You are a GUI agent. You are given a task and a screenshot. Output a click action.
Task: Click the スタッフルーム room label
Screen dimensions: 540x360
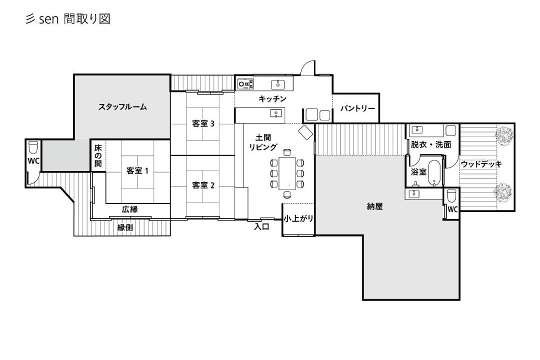122,107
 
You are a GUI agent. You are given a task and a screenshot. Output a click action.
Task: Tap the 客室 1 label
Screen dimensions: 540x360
137,170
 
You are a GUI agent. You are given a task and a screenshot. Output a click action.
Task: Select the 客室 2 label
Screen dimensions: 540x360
203,185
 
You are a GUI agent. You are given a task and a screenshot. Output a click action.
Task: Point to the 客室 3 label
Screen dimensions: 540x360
203,123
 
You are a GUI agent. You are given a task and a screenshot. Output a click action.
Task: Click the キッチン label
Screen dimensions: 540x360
272,99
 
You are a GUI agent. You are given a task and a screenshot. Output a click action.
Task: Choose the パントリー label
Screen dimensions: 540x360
357,108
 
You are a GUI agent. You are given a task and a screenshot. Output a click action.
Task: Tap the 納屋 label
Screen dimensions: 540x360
374,206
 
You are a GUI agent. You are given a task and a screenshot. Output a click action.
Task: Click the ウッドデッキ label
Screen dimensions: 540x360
481,164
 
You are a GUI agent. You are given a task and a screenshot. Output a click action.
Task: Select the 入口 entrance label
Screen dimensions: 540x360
261,226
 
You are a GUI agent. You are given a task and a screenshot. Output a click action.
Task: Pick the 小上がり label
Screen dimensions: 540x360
298,218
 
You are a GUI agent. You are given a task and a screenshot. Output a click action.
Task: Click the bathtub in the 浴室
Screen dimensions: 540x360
434,173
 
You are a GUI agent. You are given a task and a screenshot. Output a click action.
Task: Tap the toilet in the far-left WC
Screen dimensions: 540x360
33,147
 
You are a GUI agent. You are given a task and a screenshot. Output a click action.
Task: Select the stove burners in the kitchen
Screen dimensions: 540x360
246,83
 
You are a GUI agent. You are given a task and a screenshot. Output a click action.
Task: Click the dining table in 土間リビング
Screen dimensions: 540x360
287,173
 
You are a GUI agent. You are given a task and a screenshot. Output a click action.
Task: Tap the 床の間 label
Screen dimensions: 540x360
98,155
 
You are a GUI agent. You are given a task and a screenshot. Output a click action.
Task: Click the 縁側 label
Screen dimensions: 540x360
125,227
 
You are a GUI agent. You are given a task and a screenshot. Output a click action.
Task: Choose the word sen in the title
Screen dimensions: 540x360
48,19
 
